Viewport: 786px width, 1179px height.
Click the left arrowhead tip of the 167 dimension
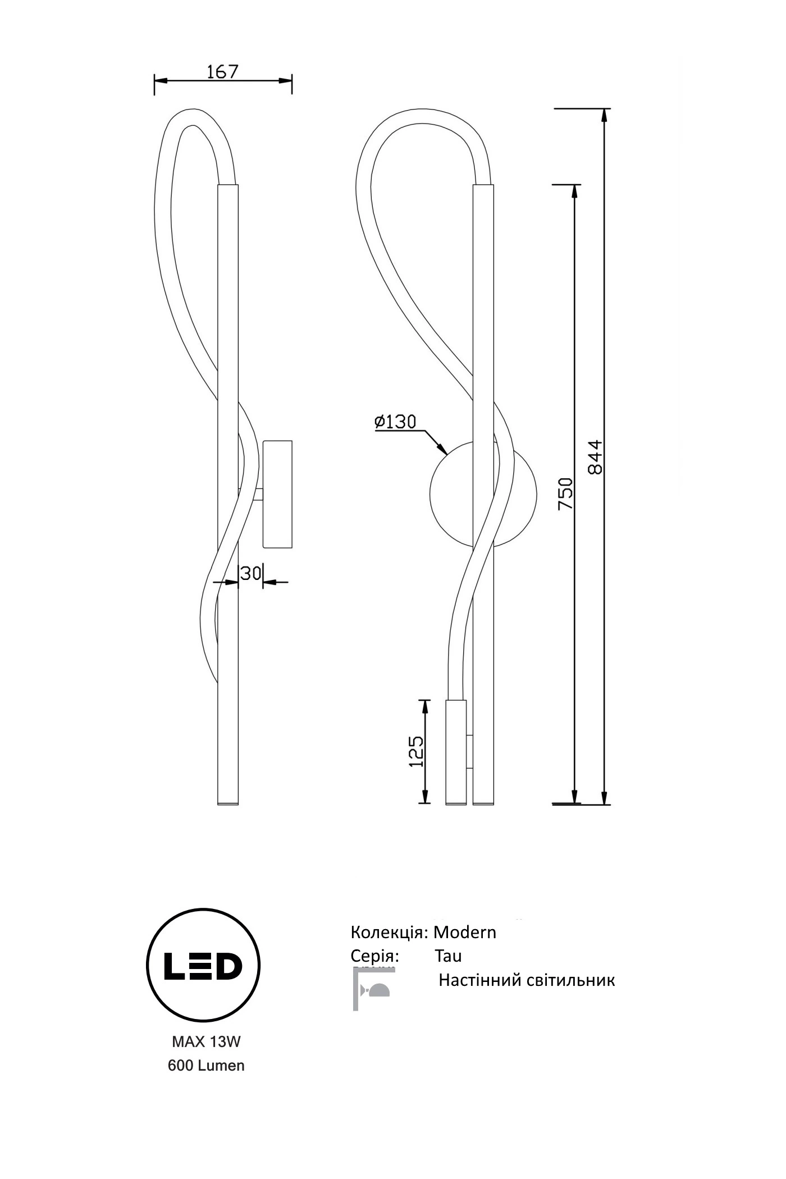coord(155,81)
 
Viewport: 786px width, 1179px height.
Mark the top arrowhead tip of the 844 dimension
coord(604,109)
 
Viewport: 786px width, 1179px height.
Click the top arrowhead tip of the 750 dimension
coord(574,185)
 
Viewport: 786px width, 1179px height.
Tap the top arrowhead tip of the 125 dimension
coord(425,700)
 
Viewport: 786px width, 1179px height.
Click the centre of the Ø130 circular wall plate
coord(483,493)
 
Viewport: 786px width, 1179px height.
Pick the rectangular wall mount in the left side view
coord(278,493)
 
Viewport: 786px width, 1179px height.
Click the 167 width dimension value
coord(223,72)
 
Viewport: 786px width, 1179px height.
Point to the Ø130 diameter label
coord(396,421)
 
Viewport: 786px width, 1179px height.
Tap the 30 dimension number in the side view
coord(251,573)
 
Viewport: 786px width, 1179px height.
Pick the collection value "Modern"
coord(465,932)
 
